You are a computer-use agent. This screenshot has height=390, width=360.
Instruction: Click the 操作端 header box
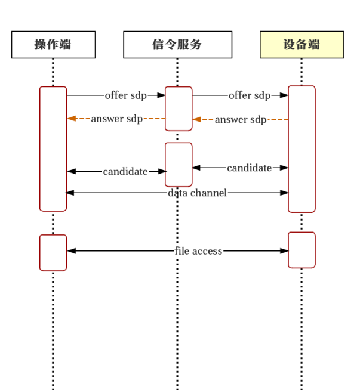53,45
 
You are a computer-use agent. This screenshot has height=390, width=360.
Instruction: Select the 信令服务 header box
177,45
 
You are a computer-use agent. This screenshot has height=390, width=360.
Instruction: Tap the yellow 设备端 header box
301,45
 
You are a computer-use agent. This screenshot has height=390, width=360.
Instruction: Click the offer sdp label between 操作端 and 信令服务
125,95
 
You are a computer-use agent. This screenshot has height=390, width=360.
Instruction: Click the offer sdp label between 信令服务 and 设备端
249,95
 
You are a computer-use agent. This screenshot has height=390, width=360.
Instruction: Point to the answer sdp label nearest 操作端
116,119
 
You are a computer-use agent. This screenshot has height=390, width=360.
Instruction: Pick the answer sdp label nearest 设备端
241,120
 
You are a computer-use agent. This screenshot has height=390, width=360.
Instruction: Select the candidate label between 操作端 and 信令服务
125,172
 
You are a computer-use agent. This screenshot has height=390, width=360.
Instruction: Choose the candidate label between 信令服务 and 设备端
249,168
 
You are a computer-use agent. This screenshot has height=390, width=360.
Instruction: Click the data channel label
197,193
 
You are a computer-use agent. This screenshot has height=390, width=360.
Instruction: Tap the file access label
198,251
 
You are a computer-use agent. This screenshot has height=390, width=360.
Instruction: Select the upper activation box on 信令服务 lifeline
179,109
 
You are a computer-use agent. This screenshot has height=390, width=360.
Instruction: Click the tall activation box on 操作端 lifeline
53,148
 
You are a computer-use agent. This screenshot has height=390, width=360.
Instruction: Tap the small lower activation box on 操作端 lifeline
53,252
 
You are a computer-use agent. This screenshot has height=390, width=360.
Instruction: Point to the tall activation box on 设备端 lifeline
301,148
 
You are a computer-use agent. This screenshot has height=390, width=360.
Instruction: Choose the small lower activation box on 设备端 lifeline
301,250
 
